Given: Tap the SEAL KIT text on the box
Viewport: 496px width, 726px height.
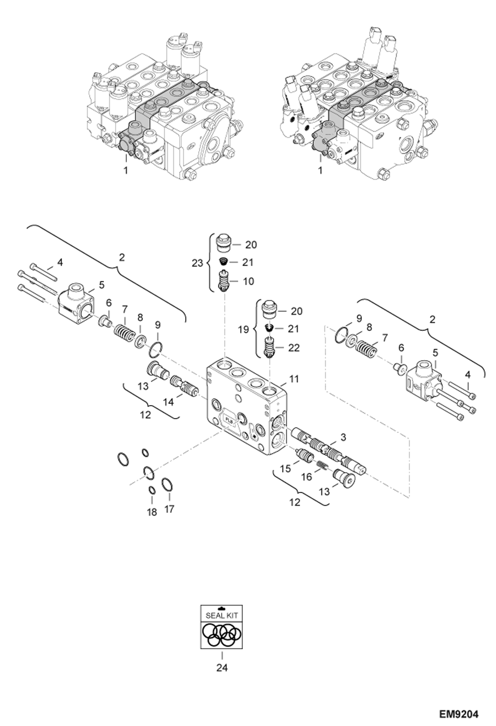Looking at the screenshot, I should pyautogui.click(x=222, y=615).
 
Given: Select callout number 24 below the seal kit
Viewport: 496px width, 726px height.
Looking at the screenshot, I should pyautogui.click(x=222, y=668).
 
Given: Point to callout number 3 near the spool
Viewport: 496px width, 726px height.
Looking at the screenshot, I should pyautogui.click(x=343, y=437).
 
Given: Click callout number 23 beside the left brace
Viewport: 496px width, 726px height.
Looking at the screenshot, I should pyautogui.click(x=197, y=263).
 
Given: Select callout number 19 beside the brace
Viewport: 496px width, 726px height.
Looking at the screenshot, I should pyautogui.click(x=244, y=330).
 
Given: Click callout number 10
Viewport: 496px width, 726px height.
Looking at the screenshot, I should pyautogui.click(x=248, y=281).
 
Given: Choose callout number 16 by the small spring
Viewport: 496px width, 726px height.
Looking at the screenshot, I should pyautogui.click(x=307, y=477).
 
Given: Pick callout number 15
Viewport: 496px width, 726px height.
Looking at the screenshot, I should pyautogui.click(x=285, y=469).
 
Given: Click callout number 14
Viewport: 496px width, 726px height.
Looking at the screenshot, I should pyautogui.click(x=168, y=402).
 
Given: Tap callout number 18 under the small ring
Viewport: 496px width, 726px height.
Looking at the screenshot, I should pyautogui.click(x=152, y=512).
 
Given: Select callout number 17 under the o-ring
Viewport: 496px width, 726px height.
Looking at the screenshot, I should pyautogui.click(x=169, y=509).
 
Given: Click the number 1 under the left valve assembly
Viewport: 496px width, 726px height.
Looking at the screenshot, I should pyautogui.click(x=125, y=170).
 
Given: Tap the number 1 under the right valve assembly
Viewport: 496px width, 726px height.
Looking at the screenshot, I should pyautogui.click(x=320, y=170).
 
